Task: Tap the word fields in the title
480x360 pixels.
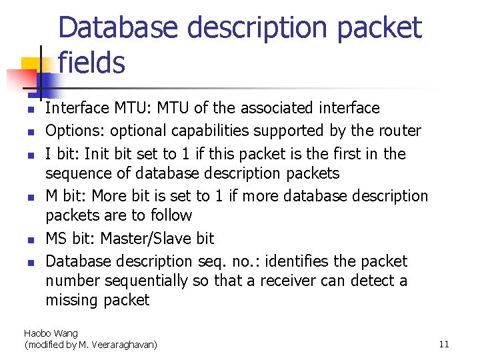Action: coord(91,63)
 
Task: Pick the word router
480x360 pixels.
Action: coord(398,131)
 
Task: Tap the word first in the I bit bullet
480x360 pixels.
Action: coord(347,154)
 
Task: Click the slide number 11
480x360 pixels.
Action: coord(444,344)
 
